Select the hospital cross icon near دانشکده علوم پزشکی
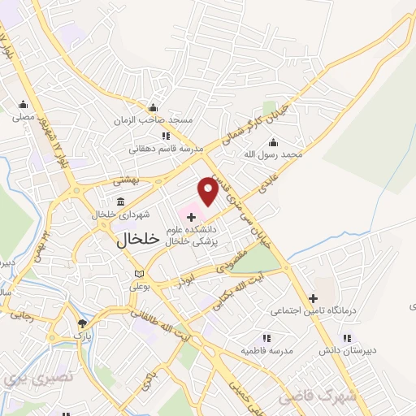(191, 217)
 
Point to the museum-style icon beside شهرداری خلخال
(120, 201)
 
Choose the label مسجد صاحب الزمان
(164, 119)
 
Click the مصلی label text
(23, 117)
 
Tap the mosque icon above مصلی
(23, 105)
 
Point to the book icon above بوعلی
(139, 273)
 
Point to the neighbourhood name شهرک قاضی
(317, 397)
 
